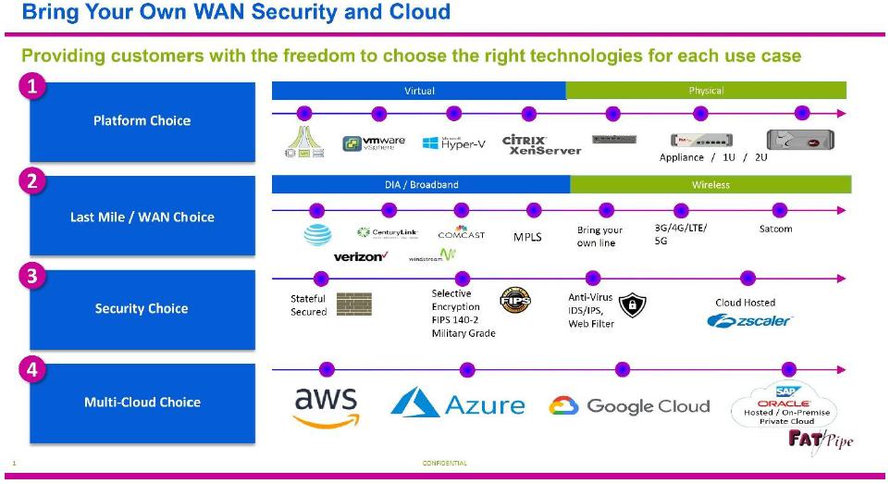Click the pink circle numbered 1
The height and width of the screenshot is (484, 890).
coord(32,87)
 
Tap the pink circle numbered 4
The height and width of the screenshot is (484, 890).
coord(32,369)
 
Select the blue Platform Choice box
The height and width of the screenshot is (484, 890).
coord(142,121)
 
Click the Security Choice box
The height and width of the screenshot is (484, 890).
coord(142,309)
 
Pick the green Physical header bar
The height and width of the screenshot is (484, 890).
coord(706,91)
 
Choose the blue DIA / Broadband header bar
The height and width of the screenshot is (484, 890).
coord(421,184)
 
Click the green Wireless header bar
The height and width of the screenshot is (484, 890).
coord(711,184)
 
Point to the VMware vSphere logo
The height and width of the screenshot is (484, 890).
coord(374,143)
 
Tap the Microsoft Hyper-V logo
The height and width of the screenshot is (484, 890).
coord(453,143)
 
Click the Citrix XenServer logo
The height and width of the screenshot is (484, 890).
coord(541,144)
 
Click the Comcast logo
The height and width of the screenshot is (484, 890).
coord(461,233)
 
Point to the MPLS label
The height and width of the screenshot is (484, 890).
coord(527,237)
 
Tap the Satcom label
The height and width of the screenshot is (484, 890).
coord(775,229)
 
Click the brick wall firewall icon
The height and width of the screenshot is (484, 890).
coord(353,304)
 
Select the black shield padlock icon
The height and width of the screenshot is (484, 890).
coord(632,305)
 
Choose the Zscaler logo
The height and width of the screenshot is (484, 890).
coord(749,321)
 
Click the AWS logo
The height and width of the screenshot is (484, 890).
coord(326,406)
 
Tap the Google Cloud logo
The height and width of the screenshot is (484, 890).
coord(629,406)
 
